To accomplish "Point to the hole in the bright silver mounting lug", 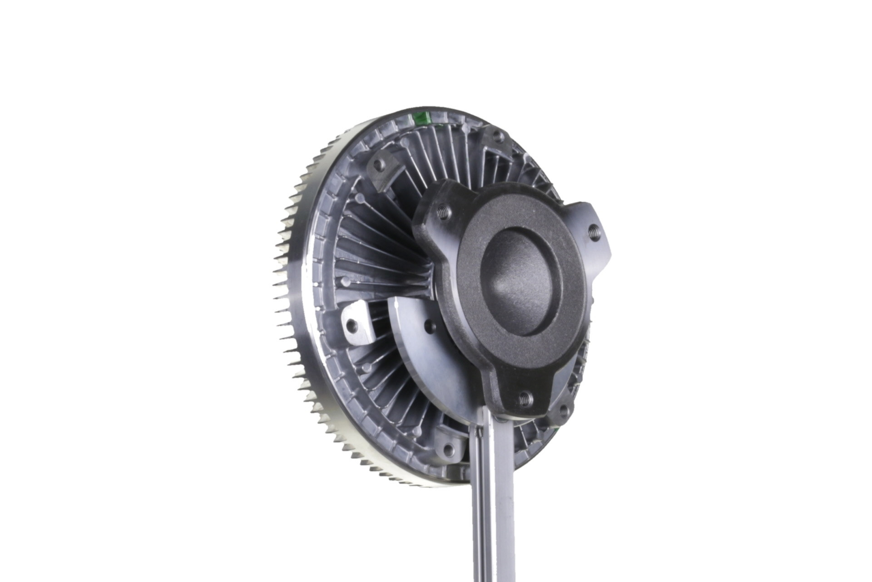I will click(352, 325).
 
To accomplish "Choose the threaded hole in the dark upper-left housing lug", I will click(379, 166).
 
